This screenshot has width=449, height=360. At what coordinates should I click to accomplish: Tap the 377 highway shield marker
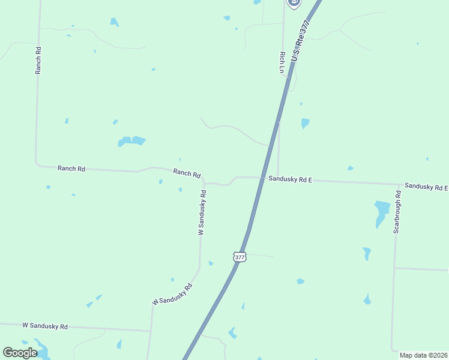click(x=240, y=257)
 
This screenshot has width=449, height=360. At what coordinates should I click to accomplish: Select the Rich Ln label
click(x=282, y=62)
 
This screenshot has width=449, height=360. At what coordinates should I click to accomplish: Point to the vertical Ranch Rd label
click(x=38, y=60)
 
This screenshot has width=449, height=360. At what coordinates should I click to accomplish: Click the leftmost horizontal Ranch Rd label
click(x=71, y=169)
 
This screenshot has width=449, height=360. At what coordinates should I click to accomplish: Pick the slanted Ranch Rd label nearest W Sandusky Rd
click(x=187, y=173)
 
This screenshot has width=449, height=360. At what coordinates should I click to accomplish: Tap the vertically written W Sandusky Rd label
click(x=202, y=212)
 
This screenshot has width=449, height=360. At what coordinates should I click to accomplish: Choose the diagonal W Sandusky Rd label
click(x=172, y=294)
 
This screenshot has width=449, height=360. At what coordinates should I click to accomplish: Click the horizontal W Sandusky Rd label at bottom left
click(x=45, y=326)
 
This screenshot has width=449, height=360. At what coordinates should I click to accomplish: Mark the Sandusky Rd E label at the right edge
click(x=426, y=186)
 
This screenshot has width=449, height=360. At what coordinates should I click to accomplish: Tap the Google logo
click(x=20, y=353)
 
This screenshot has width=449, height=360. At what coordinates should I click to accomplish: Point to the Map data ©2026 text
click(x=423, y=355)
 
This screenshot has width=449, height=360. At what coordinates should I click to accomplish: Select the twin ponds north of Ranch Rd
click(x=131, y=142)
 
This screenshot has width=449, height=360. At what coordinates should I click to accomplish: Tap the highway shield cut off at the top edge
click(x=293, y=3)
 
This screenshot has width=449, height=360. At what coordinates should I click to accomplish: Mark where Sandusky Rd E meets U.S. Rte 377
click(x=262, y=178)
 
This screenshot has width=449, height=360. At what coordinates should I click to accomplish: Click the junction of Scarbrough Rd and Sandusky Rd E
click(x=397, y=184)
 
